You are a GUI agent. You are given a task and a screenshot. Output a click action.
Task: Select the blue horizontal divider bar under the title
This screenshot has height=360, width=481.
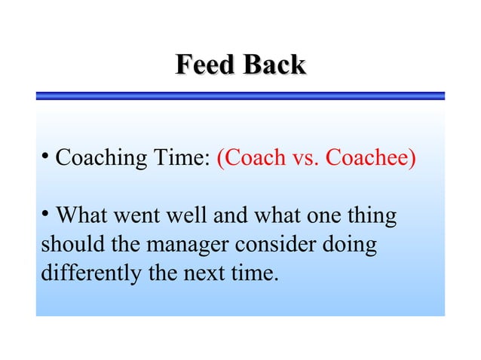[240, 96]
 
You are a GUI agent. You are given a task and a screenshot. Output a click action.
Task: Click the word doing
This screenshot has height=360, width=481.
[354, 246]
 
